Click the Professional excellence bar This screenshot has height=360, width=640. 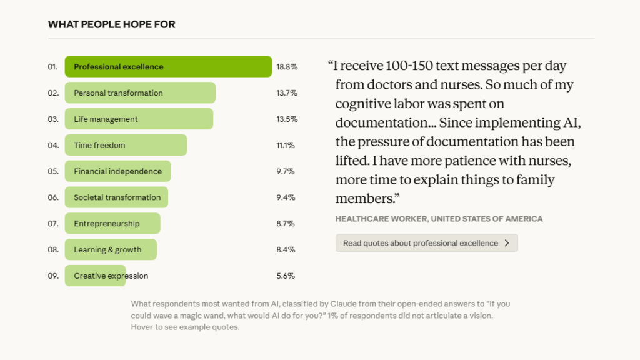168,67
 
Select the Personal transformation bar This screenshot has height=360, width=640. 140,93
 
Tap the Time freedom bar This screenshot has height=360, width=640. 126,145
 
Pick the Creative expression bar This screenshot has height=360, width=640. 95,276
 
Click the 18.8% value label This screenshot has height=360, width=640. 287,67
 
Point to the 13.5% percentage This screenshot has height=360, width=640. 287,119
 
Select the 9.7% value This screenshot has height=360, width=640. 286,171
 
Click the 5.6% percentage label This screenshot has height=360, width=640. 286,276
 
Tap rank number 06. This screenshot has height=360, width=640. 53,197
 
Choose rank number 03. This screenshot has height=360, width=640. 53,119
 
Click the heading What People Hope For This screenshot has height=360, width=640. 111,25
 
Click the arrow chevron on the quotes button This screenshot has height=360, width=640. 507,243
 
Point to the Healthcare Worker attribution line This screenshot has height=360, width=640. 439,219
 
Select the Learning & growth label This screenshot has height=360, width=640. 107,250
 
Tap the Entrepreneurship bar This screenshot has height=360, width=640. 112,224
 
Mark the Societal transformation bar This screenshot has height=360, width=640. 116,197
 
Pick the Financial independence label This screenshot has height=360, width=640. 117,171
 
